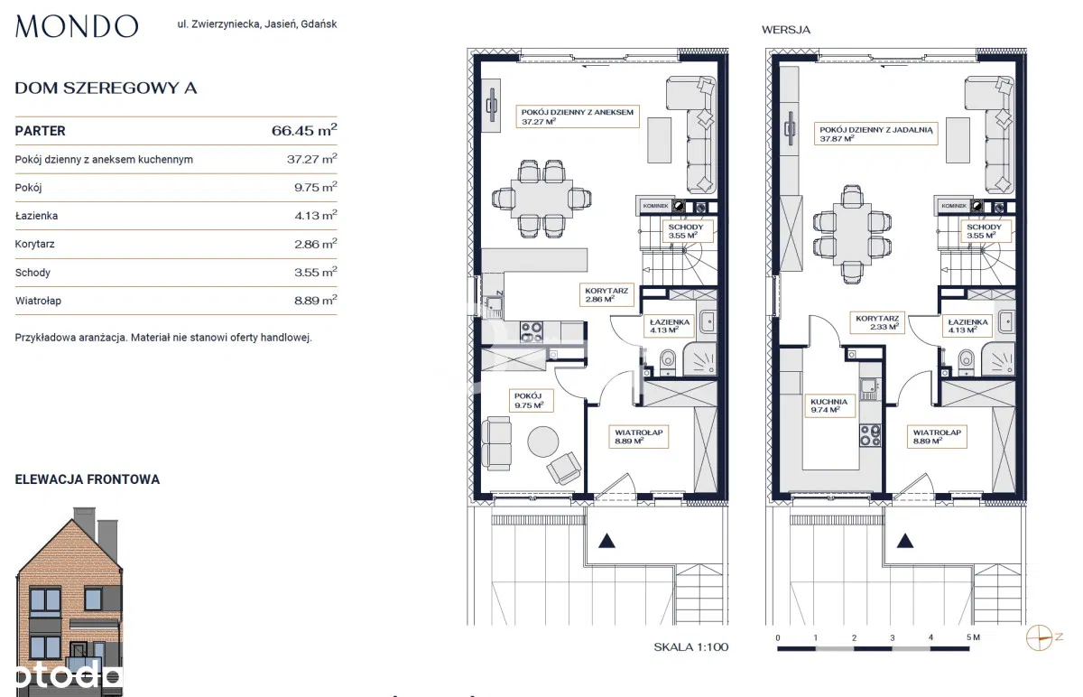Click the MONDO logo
coord(77,26)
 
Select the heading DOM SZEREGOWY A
coord(106,88)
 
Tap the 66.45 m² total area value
coord(304,130)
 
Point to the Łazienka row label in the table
coord(36,216)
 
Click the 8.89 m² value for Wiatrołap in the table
coord(315,300)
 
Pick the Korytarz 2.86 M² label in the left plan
coord(606,295)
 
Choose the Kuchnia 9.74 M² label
coord(829,405)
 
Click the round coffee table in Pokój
coord(543,441)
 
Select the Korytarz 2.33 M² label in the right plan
coord(877,322)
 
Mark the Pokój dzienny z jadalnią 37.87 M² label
coord(876,134)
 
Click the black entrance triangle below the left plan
coord(606,541)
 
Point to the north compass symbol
coord(1040,638)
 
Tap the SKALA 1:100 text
coord(691,647)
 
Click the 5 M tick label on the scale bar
coord(973,637)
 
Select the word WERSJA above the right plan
coord(786,30)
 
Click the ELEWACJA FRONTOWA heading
coord(88,479)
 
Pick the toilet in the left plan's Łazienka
coord(668,361)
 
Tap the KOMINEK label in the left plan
coord(655,206)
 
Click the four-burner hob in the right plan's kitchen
coord(870,435)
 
